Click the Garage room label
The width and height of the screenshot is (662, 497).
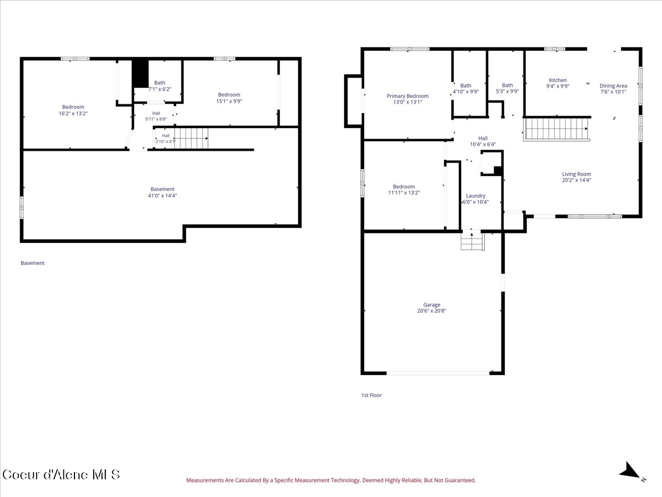(x=431, y=305)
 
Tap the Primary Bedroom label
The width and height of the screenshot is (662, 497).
(x=408, y=96)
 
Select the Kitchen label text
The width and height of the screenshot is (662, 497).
(x=558, y=80)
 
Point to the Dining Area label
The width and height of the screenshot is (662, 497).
(x=613, y=86)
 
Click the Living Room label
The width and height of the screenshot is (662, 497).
(x=576, y=174)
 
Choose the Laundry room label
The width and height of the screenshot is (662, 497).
(x=476, y=196)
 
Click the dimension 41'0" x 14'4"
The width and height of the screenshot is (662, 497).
(x=162, y=195)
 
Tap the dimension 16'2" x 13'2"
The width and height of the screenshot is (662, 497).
(x=73, y=113)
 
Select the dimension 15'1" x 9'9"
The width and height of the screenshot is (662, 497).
(x=229, y=101)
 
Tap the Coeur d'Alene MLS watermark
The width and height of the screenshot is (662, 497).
(x=61, y=475)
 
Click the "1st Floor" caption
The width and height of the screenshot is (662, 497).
(x=371, y=395)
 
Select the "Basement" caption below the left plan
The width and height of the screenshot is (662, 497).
(x=32, y=263)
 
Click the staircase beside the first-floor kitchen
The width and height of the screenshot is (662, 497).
(x=557, y=129)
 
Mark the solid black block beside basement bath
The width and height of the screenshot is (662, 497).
(x=140, y=74)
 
